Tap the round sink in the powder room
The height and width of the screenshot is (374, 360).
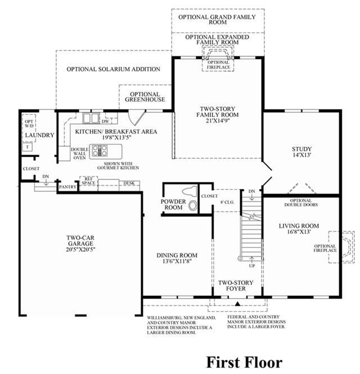click(192, 206)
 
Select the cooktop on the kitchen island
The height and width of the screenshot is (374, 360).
click(100, 151)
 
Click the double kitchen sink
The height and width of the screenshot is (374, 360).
click(91, 118)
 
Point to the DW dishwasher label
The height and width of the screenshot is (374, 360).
click(105, 121)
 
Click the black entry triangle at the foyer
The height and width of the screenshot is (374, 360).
click(237, 304)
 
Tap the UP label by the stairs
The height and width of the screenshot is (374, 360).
click(252, 266)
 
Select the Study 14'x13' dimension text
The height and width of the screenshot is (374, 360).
click(302, 155)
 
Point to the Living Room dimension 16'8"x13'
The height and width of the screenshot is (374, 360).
click(299, 232)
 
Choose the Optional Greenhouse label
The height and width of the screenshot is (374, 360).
click(145, 97)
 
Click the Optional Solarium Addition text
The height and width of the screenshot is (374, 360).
click(113, 69)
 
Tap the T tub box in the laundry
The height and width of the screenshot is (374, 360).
click(28, 147)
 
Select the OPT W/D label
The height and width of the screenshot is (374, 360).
click(29, 124)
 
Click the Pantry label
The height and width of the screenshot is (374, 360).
click(67, 187)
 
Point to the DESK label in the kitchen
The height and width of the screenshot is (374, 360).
click(129, 183)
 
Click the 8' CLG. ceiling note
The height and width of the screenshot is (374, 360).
click(227, 202)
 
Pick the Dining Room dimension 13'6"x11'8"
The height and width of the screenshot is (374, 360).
click(177, 261)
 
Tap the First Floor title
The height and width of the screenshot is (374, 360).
click(244, 362)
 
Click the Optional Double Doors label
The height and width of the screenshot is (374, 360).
click(301, 202)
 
